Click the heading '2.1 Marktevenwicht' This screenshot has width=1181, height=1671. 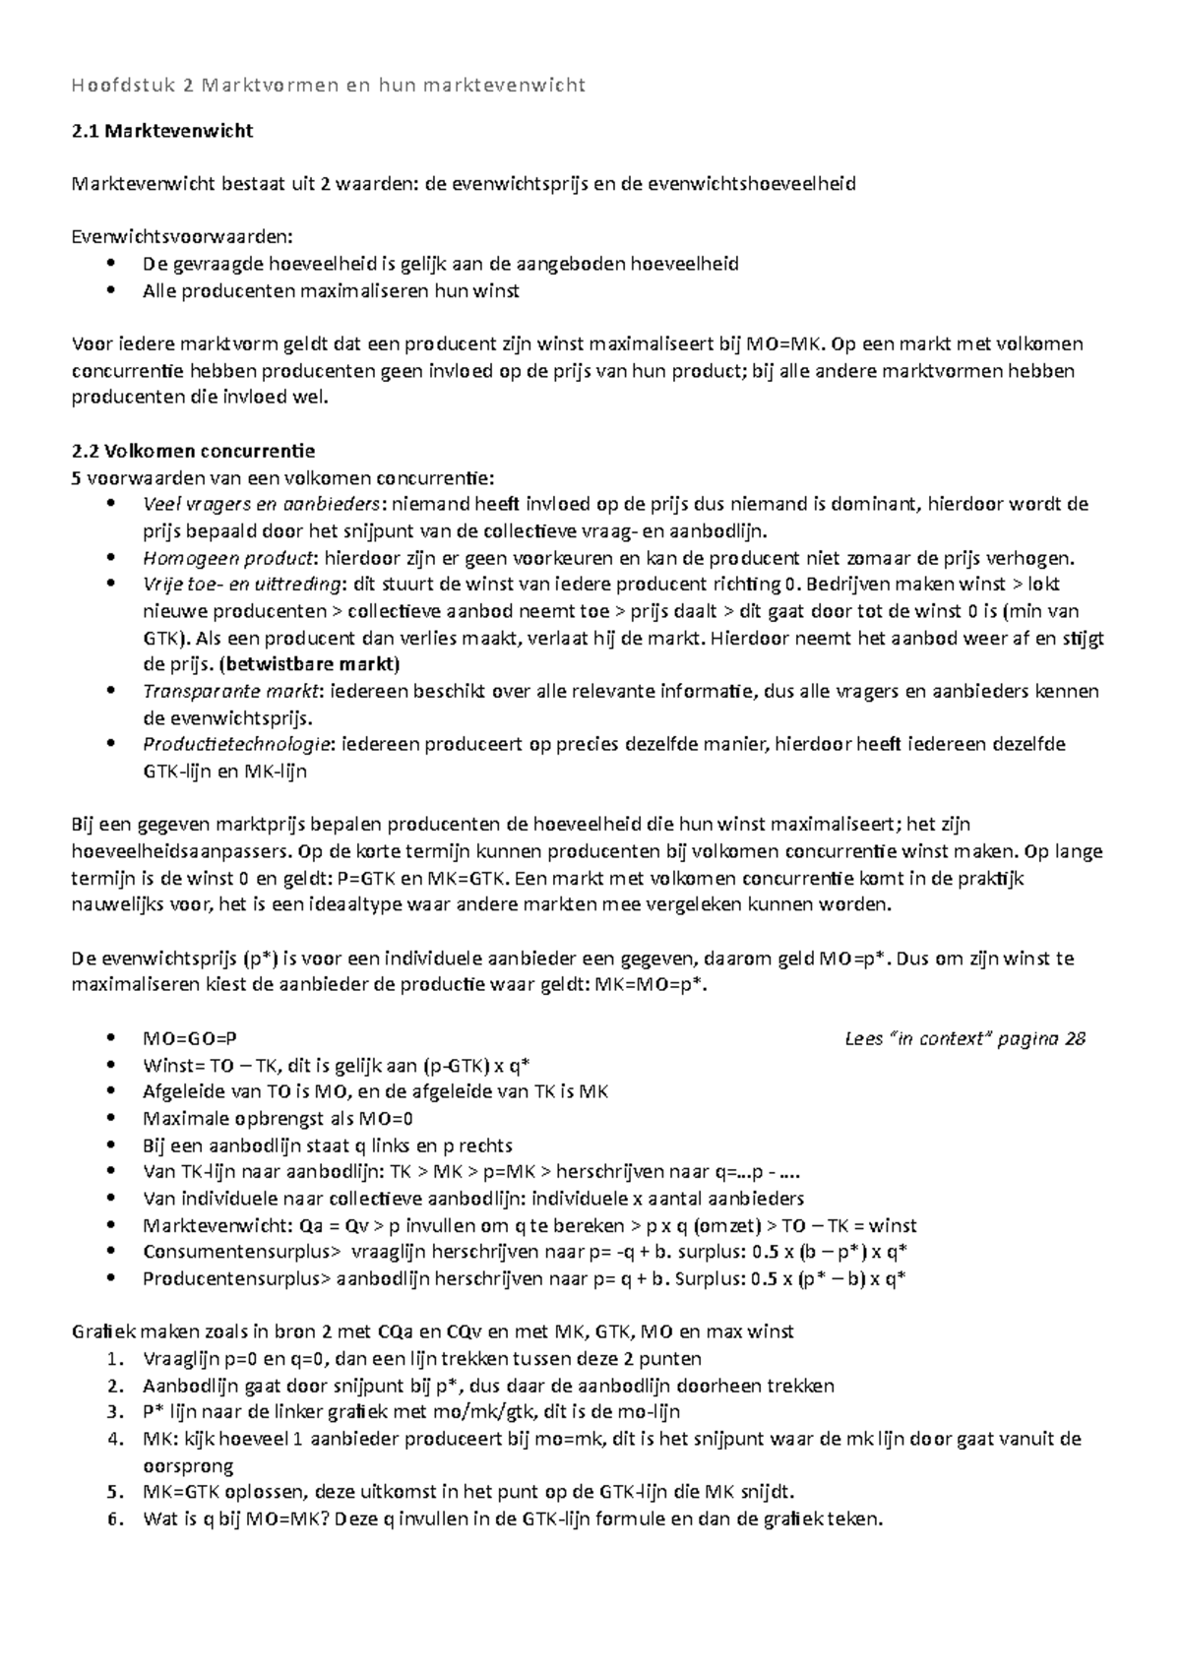point(163,131)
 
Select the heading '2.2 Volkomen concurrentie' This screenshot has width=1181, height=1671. point(194,452)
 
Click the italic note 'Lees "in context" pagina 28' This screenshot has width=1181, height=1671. point(965,1038)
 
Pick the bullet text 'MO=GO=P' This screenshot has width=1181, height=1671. point(190,1038)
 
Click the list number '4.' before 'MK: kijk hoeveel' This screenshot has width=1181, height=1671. point(117,1439)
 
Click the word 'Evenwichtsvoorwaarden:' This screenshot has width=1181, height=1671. point(183,237)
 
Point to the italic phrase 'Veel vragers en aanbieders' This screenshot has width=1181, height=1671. point(261,505)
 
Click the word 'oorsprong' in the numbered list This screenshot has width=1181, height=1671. point(188,1466)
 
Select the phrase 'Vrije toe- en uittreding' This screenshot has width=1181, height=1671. point(241,585)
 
